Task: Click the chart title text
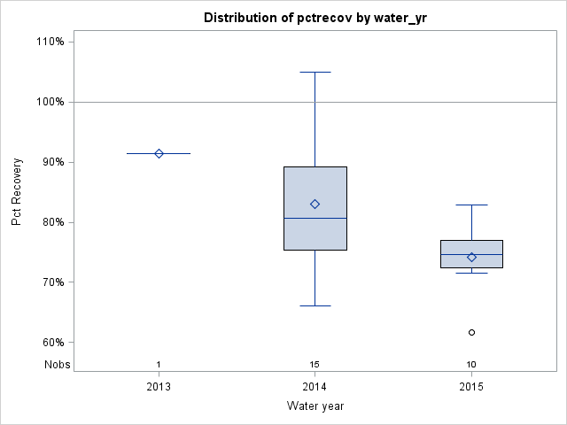pyautogui.click(x=315, y=18)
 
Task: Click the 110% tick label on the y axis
pyautogui.click(x=50, y=42)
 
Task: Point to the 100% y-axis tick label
pyautogui.click(x=50, y=102)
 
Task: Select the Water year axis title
pyautogui.click(x=315, y=406)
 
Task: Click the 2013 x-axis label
pyautogui.click(x=159, y=387)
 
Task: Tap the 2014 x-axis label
pyautogui.click(x=315, y=387)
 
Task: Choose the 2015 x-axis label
pyautogui.click(x=471, y=387)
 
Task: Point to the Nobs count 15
pyautogui.click(x=315, y=365)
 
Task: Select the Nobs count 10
pyautogui.click(x=471, y=365)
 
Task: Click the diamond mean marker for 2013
pyautogui.click(x=159, y=153)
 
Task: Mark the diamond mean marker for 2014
pyautogui.click(x=315, y=204)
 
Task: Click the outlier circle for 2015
pyautogui.click(x=471, y=332)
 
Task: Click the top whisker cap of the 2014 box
pyautogui.click(x=315, y=72)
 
